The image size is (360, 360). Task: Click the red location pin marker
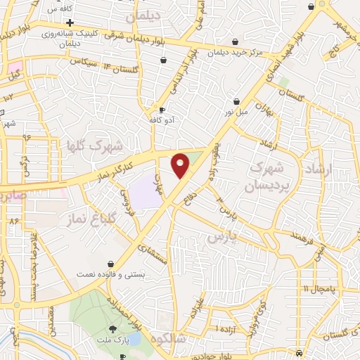pyautogui.click(x=181, y=165)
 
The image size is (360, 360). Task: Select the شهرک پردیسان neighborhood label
pyautogui.click(x=265, y=177)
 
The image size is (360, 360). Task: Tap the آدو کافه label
pyautogui.click(x=161, y=121)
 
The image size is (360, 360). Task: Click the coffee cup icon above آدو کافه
pyautogui.click(x=162, y=110)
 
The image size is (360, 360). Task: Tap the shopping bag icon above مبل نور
pyautogui.click(x=236, y=101)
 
